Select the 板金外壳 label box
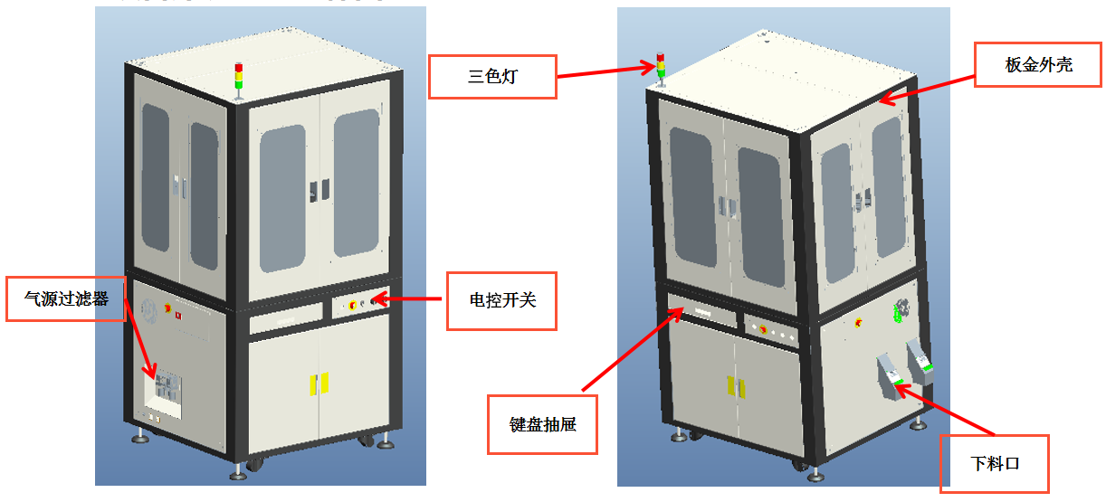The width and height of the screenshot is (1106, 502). click(x=1037, y=64)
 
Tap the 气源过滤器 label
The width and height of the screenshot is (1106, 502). click(x=66, y=298)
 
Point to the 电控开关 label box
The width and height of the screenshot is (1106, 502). click(x=501, y=300)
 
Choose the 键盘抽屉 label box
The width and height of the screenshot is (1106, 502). click(x=542, y=423)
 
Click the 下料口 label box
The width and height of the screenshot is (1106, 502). click(x=994, y=463)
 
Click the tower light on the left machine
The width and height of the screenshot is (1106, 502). click(x=239, y=78)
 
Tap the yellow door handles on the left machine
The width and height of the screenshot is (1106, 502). click(x=318, y=384)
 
